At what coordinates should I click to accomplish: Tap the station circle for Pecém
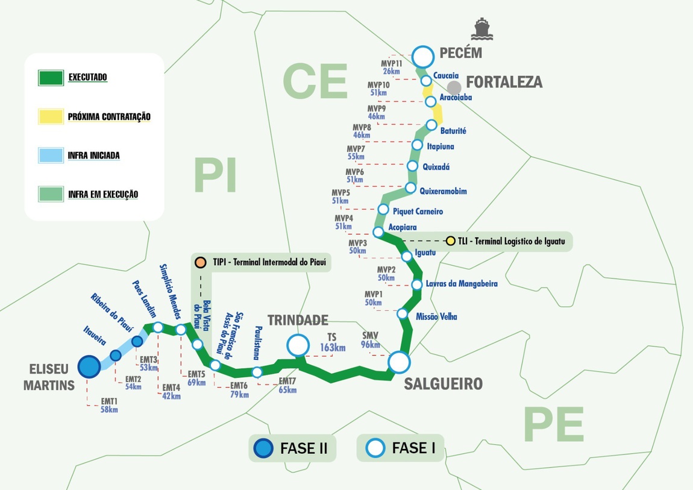tap(423, 57)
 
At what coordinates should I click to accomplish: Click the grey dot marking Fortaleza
tap(454, 88)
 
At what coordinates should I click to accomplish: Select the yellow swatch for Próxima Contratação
tap(51, 116)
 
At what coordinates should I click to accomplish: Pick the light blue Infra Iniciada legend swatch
tap(51, 155)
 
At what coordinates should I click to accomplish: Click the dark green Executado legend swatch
tap(51, 78)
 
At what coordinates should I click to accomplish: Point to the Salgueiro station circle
tap(398, 362)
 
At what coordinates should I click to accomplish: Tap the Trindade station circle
tap(297, 345)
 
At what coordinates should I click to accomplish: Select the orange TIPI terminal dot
tap(199, 263)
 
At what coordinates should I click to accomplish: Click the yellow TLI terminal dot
tap(450, 241)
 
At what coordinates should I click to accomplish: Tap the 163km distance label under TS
tap(332, 348)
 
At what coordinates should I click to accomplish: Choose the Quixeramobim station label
tap(443, 191)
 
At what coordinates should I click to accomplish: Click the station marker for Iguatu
tap(407, 256)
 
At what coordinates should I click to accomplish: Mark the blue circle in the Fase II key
tap(263, 448)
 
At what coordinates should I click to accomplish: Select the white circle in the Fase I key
tap(376, 448)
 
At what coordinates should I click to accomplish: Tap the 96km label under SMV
tap(370, 345)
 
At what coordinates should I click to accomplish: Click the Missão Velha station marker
tap(403, 313)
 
